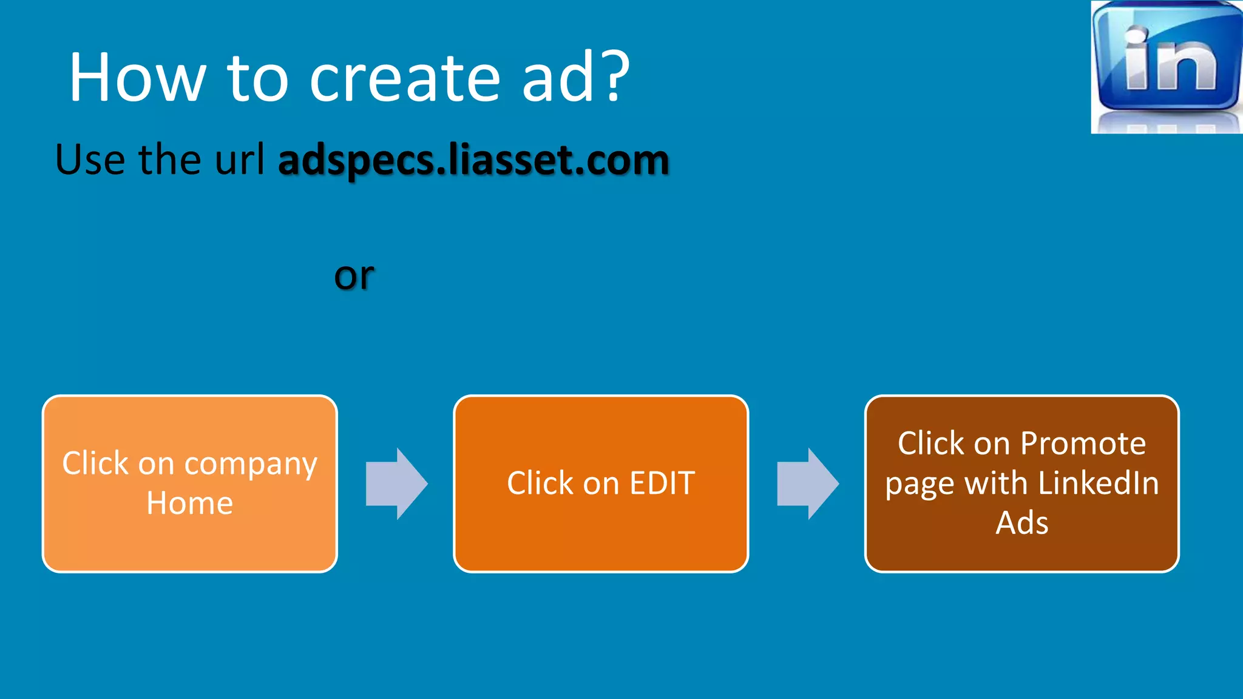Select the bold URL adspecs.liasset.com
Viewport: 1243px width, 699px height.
473,160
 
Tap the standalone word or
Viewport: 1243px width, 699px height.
354,276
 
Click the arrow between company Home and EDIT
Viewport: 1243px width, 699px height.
396,484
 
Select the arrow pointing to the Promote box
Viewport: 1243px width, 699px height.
808,484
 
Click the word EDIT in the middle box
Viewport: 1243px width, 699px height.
662,484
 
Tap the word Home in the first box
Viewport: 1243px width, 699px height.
190,504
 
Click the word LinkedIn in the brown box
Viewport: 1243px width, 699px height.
1099,484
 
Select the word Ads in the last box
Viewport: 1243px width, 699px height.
1022,523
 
